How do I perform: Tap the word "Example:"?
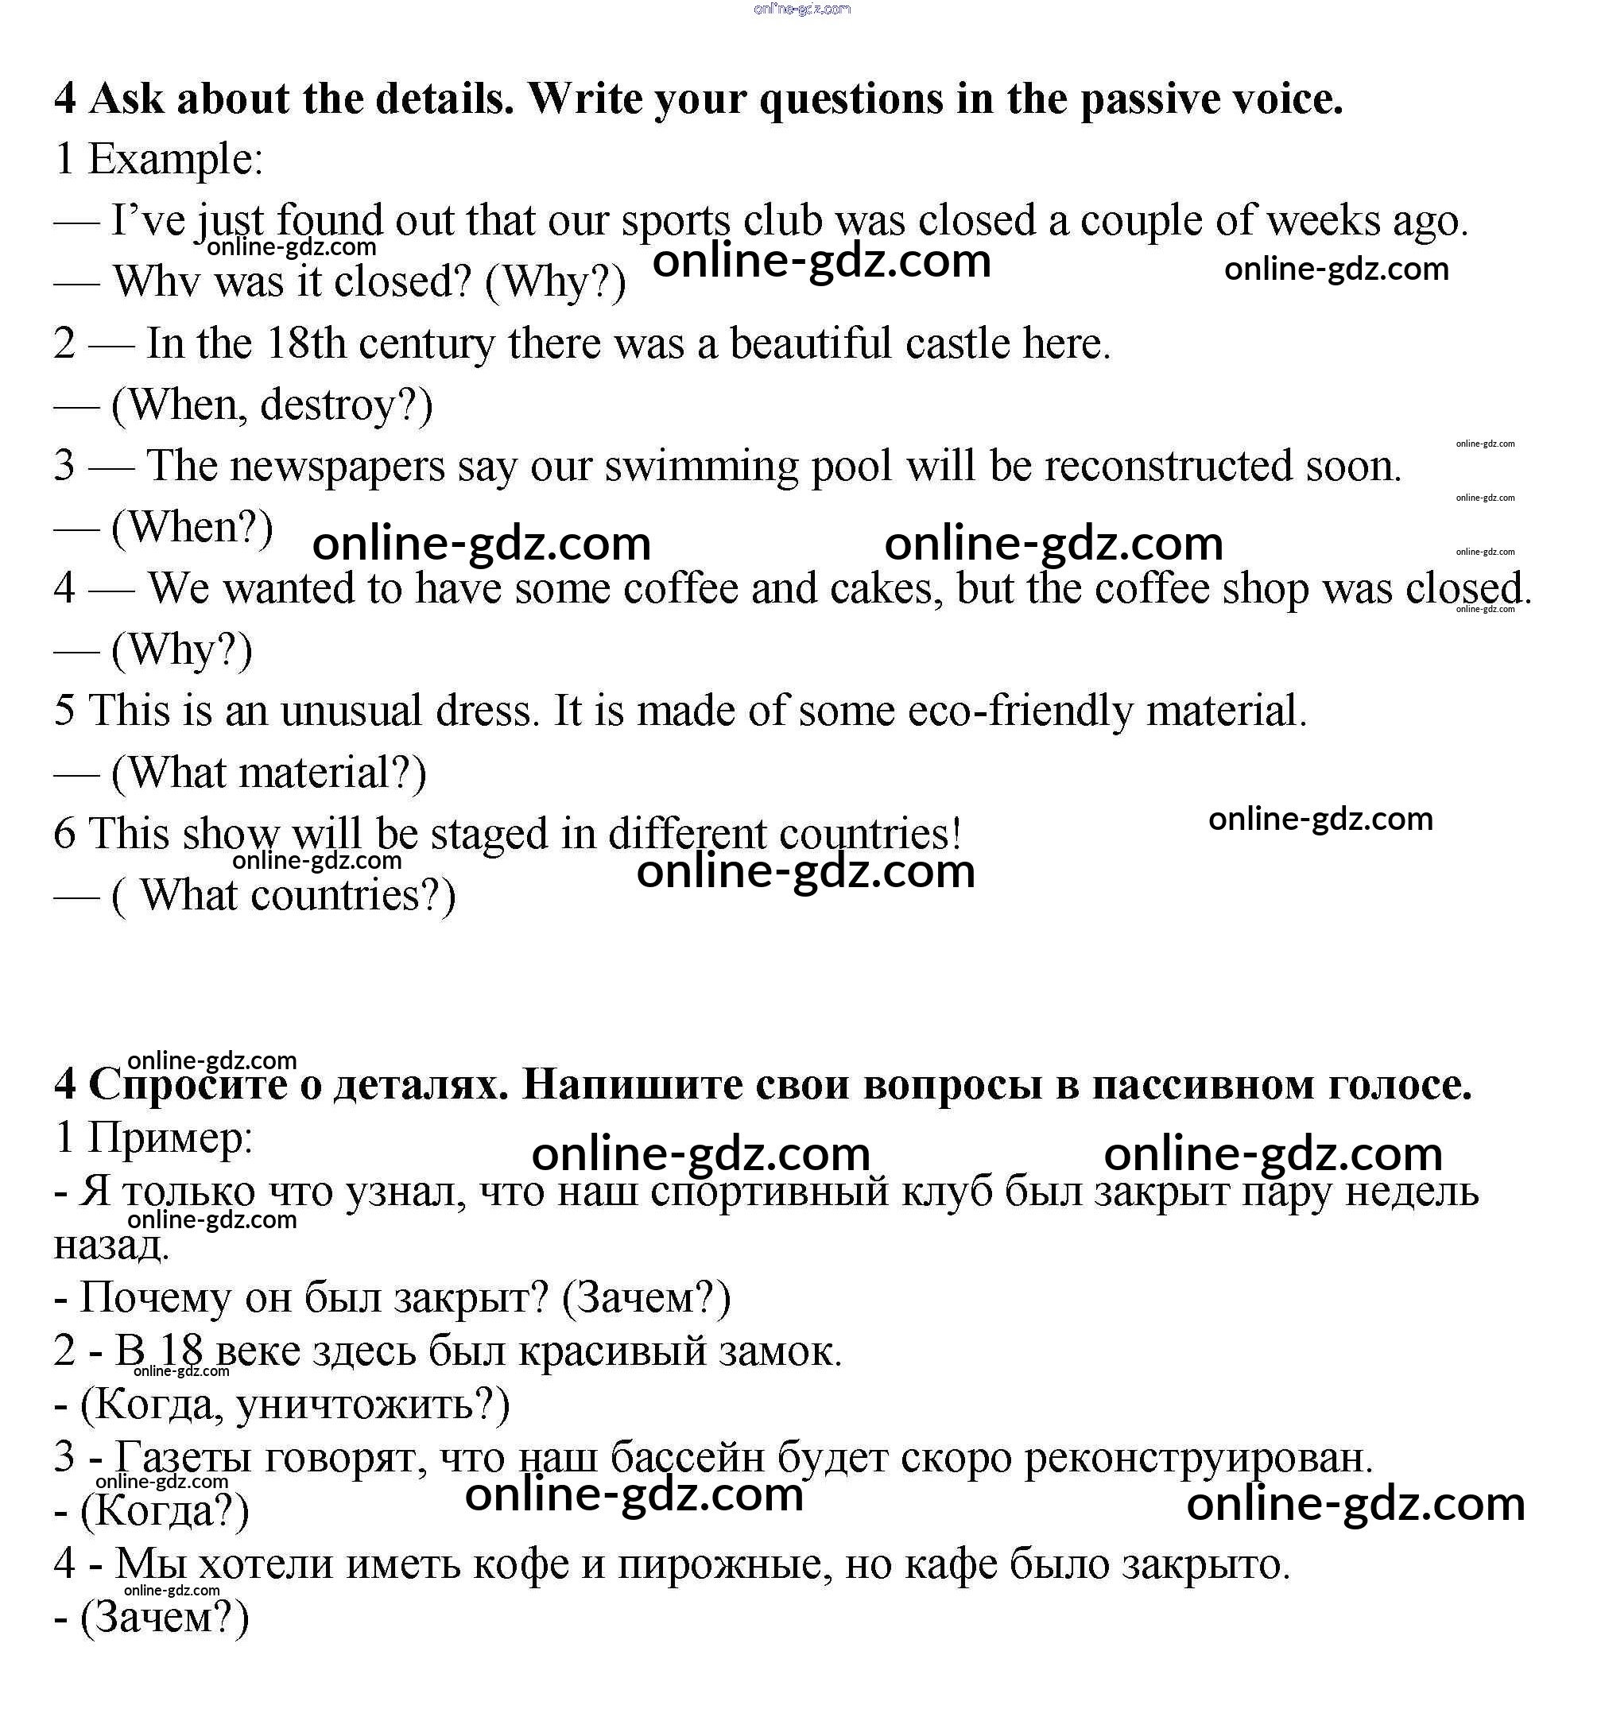[176, 160]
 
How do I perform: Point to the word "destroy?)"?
[347, 406]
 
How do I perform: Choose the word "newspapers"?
[338, 467]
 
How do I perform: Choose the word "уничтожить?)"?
[373, 1405]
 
